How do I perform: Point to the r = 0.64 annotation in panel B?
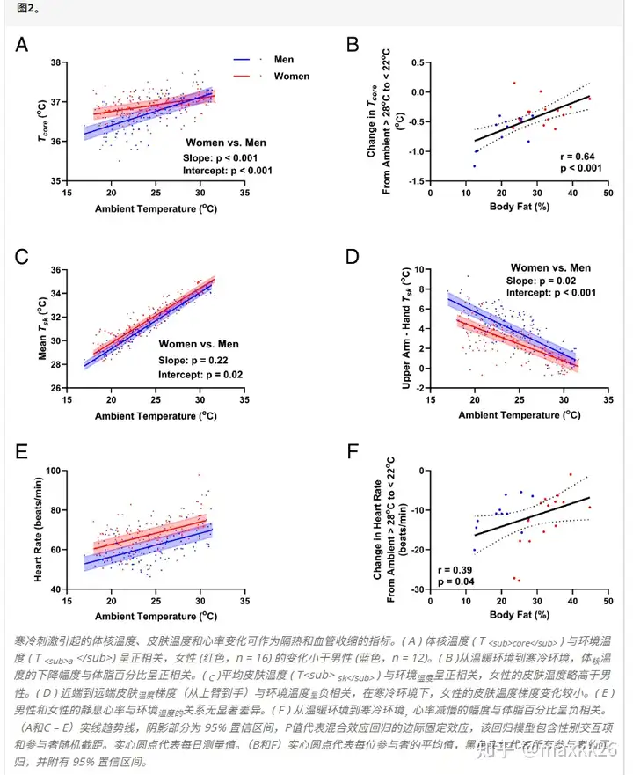click(573, 157)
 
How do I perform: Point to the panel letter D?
click(353, 256)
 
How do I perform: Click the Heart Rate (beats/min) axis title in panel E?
click(38, 530)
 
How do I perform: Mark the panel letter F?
click(353, 452)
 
